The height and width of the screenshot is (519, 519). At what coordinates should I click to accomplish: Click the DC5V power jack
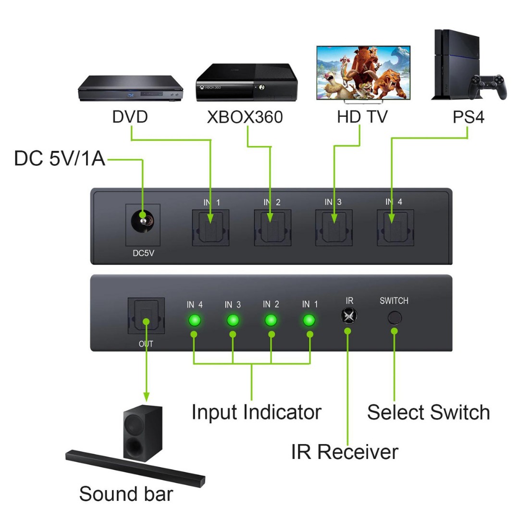[x=143, y=222]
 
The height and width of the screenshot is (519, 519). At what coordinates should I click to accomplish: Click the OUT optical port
[x=146, y=315]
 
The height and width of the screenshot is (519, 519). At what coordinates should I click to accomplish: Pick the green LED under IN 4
[x=195, y=320]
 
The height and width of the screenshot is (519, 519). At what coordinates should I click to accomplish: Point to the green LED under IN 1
[x=309, y=320]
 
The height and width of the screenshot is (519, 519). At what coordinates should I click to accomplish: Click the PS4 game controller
[x=487, y=86]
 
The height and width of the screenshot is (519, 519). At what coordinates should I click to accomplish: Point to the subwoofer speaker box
[x=143, y=433]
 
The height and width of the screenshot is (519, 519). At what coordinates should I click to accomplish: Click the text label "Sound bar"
[x=126, y=494]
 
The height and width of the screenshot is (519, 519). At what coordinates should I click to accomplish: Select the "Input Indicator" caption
[x=257, y=412]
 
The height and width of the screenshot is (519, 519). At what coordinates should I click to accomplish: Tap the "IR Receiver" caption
[x=345, y=452]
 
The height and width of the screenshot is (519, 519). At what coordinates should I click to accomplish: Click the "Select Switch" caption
[x=428, y=412]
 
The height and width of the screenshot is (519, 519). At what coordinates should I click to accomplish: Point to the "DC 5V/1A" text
[x=60, y=159]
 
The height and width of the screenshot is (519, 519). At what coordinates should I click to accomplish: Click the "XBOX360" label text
[x=245, y=117]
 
